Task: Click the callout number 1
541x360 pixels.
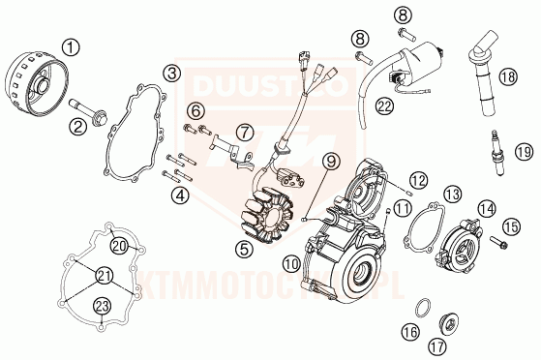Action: (x=73, y=45)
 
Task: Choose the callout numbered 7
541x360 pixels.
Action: (x=245, y=132)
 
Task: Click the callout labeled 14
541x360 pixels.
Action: (x=485, y=208)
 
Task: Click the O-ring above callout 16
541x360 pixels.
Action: (x=423, y=310)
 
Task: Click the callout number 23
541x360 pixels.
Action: (x=103, y=308)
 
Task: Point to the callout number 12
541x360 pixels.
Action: (x=418, y=179)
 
